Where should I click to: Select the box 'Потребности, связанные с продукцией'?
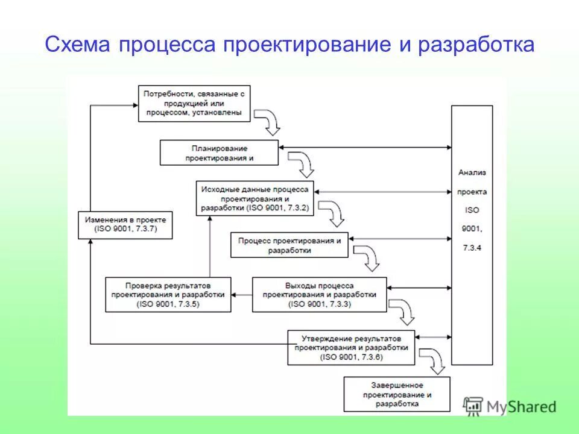point(193,104)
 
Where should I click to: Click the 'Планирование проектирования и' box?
point(220,153)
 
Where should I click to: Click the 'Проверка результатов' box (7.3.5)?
point(168,295)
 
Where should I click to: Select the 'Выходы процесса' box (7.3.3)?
point(320,295)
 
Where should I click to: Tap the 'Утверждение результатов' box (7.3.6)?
point(351,348)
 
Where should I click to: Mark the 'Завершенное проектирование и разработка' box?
point(397,394)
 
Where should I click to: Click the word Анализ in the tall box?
point(472,172)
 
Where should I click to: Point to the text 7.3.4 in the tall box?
point(472,247)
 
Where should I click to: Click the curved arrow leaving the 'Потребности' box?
point(269,122)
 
